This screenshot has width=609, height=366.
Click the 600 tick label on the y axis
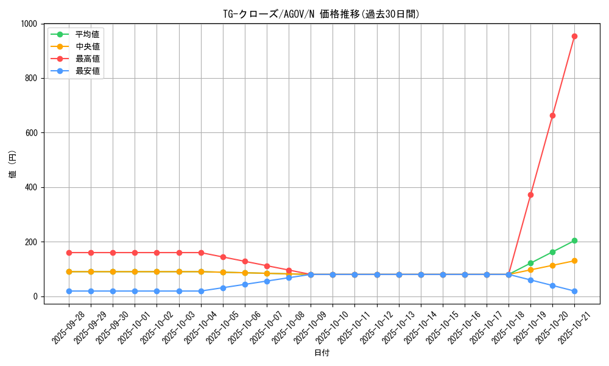coord(32,133)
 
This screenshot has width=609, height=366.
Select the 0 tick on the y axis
coord(37,296)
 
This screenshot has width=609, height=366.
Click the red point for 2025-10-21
coord(574,36)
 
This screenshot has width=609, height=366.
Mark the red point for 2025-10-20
coord(552,115)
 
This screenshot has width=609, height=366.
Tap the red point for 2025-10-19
coord(530,195)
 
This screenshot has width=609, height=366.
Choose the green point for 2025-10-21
coord(574,240)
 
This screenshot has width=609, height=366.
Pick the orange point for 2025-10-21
coord(574,260)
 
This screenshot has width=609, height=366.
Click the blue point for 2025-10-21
coord(574,291)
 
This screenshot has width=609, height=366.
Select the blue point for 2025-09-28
coord(69,291)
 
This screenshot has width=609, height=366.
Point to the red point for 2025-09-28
coord(69,253)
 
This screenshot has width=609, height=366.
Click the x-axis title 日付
coord(322,353)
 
